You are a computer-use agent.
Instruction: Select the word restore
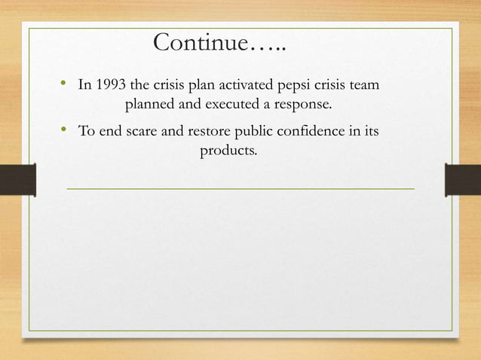204,133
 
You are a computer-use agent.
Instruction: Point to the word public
254,133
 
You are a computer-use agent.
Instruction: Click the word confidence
315,133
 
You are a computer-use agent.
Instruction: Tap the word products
228,151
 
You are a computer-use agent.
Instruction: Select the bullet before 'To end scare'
63,132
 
